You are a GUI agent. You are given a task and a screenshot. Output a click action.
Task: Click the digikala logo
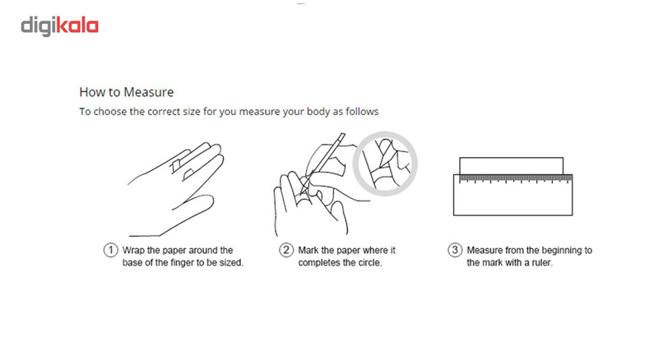(59, 26)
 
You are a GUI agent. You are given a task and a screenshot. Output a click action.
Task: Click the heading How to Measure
(127, 92)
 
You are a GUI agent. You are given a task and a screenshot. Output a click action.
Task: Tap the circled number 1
(111, 250)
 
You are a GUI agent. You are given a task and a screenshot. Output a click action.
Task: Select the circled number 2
(286, 250)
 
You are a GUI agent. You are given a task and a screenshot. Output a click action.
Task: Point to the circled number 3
(455, 250)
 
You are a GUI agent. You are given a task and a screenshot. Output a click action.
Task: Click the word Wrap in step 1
(133, 251)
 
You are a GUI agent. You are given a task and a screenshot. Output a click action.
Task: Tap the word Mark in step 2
(308, 251)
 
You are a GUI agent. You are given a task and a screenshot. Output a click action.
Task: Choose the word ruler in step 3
(542, 263)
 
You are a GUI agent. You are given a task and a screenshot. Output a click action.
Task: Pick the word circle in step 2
(368, 263)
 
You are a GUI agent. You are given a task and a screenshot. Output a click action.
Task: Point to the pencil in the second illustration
(325, 161)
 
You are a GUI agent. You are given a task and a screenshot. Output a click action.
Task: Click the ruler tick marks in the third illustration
(516, 179)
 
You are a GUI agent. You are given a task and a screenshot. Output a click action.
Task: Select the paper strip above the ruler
(511, 166)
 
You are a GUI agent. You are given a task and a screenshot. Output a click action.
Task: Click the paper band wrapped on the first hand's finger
(176, 165)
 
